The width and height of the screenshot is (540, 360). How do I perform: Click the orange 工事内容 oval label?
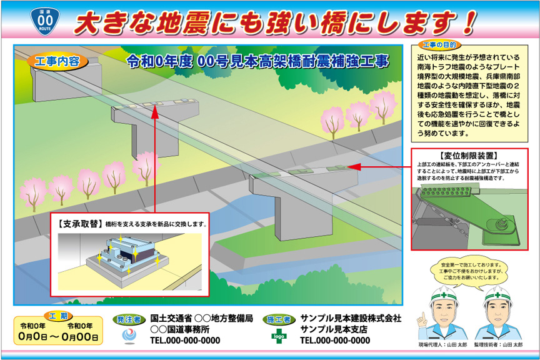tap(57, 61)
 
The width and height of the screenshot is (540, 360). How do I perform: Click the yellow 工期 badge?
tap(57, 314)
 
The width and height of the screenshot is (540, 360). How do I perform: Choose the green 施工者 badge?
tap(278, 319)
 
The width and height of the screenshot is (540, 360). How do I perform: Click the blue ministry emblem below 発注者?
tap(129, 336)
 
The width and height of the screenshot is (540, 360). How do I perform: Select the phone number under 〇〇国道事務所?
tap(185, 341)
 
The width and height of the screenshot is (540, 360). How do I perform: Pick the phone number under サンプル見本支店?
tap(335, 341)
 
